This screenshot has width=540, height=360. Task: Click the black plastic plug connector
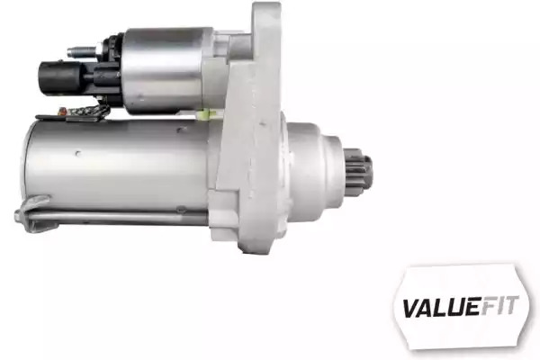63,76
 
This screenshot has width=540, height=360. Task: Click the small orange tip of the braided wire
63,111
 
